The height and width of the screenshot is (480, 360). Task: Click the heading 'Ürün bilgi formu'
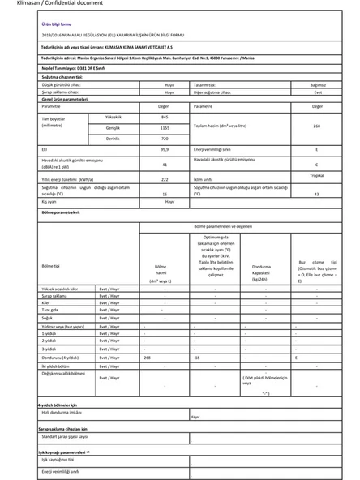(56, 24)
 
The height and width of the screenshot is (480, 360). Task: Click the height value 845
(165, 117)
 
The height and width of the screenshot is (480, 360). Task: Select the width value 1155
(165, 128)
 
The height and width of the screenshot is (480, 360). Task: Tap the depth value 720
(165, 139)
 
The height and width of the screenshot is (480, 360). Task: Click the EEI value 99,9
(165, 150)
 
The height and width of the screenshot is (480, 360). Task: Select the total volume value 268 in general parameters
(316, 126)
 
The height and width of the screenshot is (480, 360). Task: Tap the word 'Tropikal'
(317, 174)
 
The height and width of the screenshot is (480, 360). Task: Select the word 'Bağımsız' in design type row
(317, 84)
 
